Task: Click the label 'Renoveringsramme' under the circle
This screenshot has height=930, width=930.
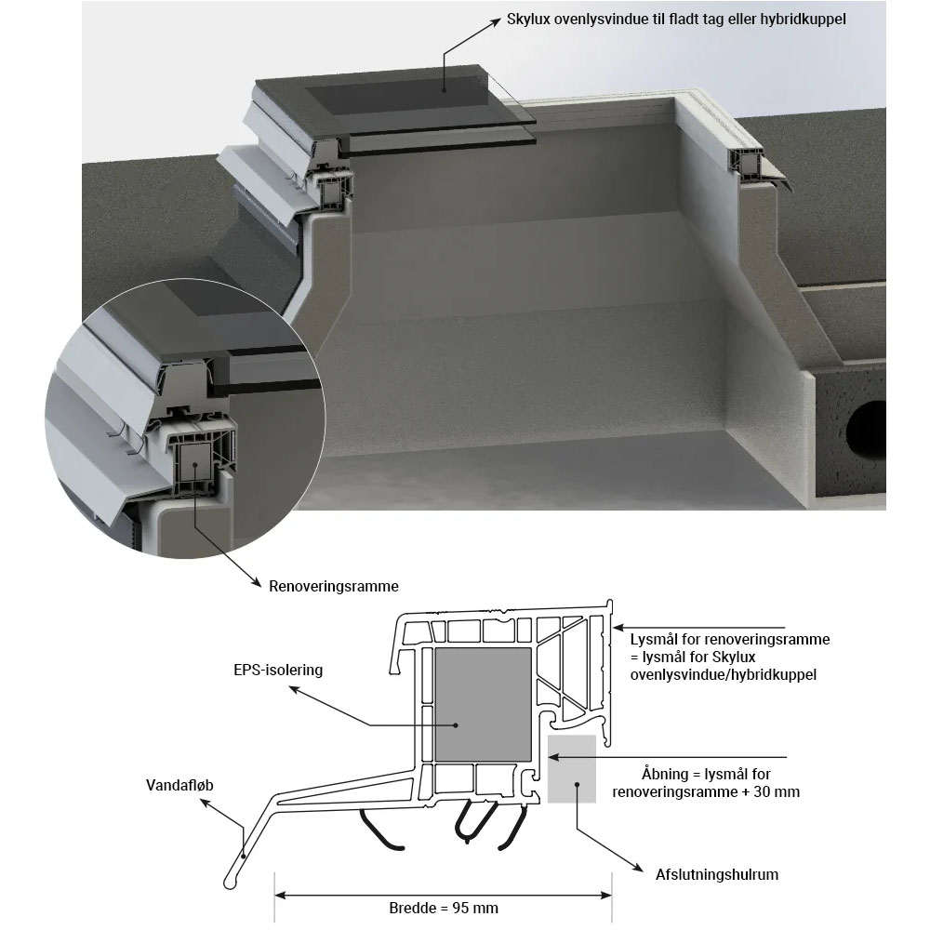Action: (x=333, y=587)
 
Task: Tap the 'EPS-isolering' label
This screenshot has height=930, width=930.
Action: (x=278, y=671)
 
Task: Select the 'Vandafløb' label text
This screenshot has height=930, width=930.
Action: (x=179, y=785)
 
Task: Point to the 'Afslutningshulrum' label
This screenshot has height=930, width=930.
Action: (x=716, y=874)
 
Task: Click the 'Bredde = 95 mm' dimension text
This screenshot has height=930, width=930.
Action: (x=444, y=908)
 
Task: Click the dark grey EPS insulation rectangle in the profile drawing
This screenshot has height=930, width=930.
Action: (x=484, y=705)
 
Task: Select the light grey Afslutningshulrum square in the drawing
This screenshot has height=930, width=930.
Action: (x=572, y=769)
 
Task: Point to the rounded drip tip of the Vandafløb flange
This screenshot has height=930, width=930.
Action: (x=230, y=882)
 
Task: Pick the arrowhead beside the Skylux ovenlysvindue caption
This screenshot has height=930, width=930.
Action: (x=496, y=22)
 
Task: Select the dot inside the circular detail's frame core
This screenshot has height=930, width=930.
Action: (x=194, y=465)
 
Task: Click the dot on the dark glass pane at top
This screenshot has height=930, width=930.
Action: (x=444, y=90)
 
